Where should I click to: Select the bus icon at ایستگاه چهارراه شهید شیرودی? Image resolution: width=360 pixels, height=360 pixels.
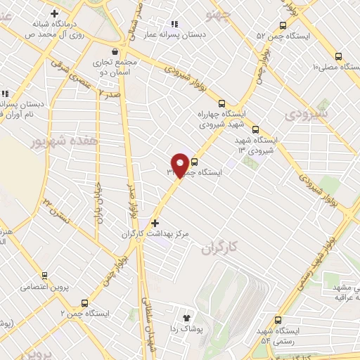222,103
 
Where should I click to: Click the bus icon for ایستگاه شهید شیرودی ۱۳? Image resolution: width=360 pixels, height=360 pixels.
255,129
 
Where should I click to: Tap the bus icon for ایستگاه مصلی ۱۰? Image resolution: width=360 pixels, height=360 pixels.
339,56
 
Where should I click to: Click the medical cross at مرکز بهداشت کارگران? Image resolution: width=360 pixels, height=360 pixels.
155,223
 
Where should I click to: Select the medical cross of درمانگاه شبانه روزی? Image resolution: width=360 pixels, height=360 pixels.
54,13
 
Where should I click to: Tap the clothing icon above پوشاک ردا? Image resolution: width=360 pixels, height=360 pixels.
186,318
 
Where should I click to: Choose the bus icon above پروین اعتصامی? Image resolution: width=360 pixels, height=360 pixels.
44,276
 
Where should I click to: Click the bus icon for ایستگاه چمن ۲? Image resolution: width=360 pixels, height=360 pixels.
86,302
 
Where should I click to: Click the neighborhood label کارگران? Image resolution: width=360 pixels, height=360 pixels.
220,248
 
